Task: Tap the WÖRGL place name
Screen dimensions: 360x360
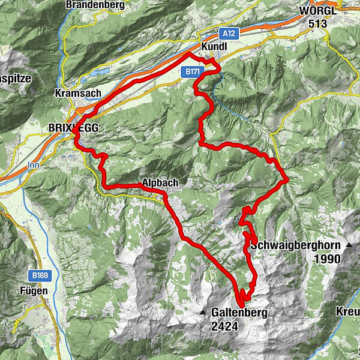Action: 321,10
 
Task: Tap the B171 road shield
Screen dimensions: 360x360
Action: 191,71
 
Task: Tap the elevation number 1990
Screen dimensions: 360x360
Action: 326,259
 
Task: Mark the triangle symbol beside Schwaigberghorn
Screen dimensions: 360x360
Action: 349,245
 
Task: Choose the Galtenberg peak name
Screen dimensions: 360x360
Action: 238,313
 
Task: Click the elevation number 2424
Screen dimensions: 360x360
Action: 224,326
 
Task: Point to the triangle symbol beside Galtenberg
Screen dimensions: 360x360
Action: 203,313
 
